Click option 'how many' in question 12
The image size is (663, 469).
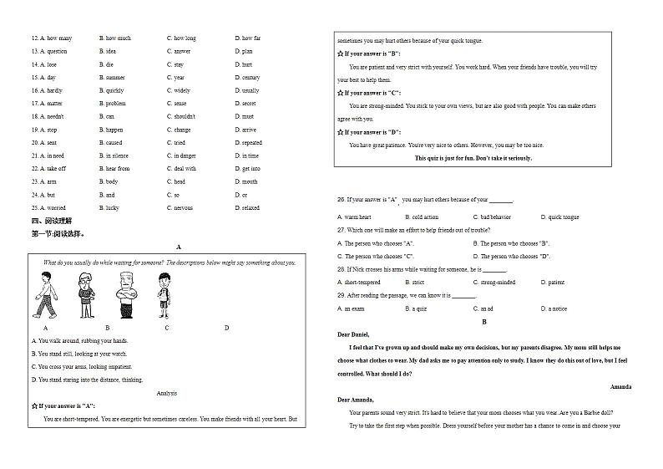(59, 38)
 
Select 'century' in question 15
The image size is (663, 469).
(251, 78)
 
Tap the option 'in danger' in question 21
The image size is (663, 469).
(185, 155)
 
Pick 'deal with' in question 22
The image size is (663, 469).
(185, 169)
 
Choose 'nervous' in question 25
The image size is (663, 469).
(185, 208)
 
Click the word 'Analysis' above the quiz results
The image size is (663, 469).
(167, 393)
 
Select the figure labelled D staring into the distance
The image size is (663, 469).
(164, 296)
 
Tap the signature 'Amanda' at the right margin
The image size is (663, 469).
(620, 387)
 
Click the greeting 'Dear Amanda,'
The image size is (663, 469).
(356, 400)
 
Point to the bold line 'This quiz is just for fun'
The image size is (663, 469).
(473, 158)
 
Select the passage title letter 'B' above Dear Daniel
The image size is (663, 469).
(483, 322)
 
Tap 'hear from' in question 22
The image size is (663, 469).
(117, 169)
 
